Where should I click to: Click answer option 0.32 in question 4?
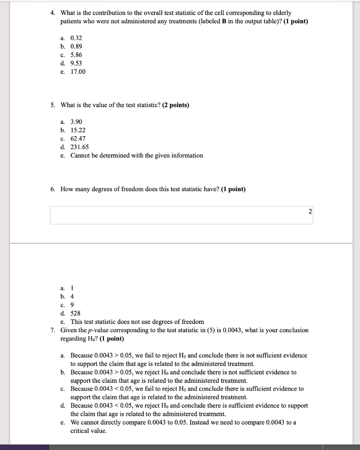pyautogui.click(x=76, y=38)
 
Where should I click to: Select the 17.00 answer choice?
pyautogui.click(x=78, y=72)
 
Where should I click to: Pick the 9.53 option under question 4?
pyautogui.click(x=76, y=63)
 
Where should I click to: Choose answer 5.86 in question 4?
pyautogui.click(x=76, y=55)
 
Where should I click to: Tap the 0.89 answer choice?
pyautogui.click(x=76, y=47)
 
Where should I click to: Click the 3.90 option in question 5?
pyautogui.click(x=76, y=122)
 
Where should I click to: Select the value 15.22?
pyautogui.click(x=78, y=130)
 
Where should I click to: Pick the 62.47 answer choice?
pyautogui.click(x=78, y=138)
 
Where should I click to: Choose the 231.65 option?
pyautogui.click(x=80, y=147)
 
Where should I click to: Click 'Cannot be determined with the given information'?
pyautogui.click(x=137, y=156)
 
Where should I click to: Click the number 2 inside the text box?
pyautogui.click(x=310, y=212)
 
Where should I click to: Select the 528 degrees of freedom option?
pyautogui.click(x=75, y=313)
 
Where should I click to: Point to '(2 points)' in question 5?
pyautogui.click(x=176, y=105)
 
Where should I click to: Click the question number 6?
pyautogui.click(x=52, y=189)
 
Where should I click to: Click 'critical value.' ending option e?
pyautogui.click(x=88, y=431)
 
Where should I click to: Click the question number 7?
pyautogui.click(x=52, y=330)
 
